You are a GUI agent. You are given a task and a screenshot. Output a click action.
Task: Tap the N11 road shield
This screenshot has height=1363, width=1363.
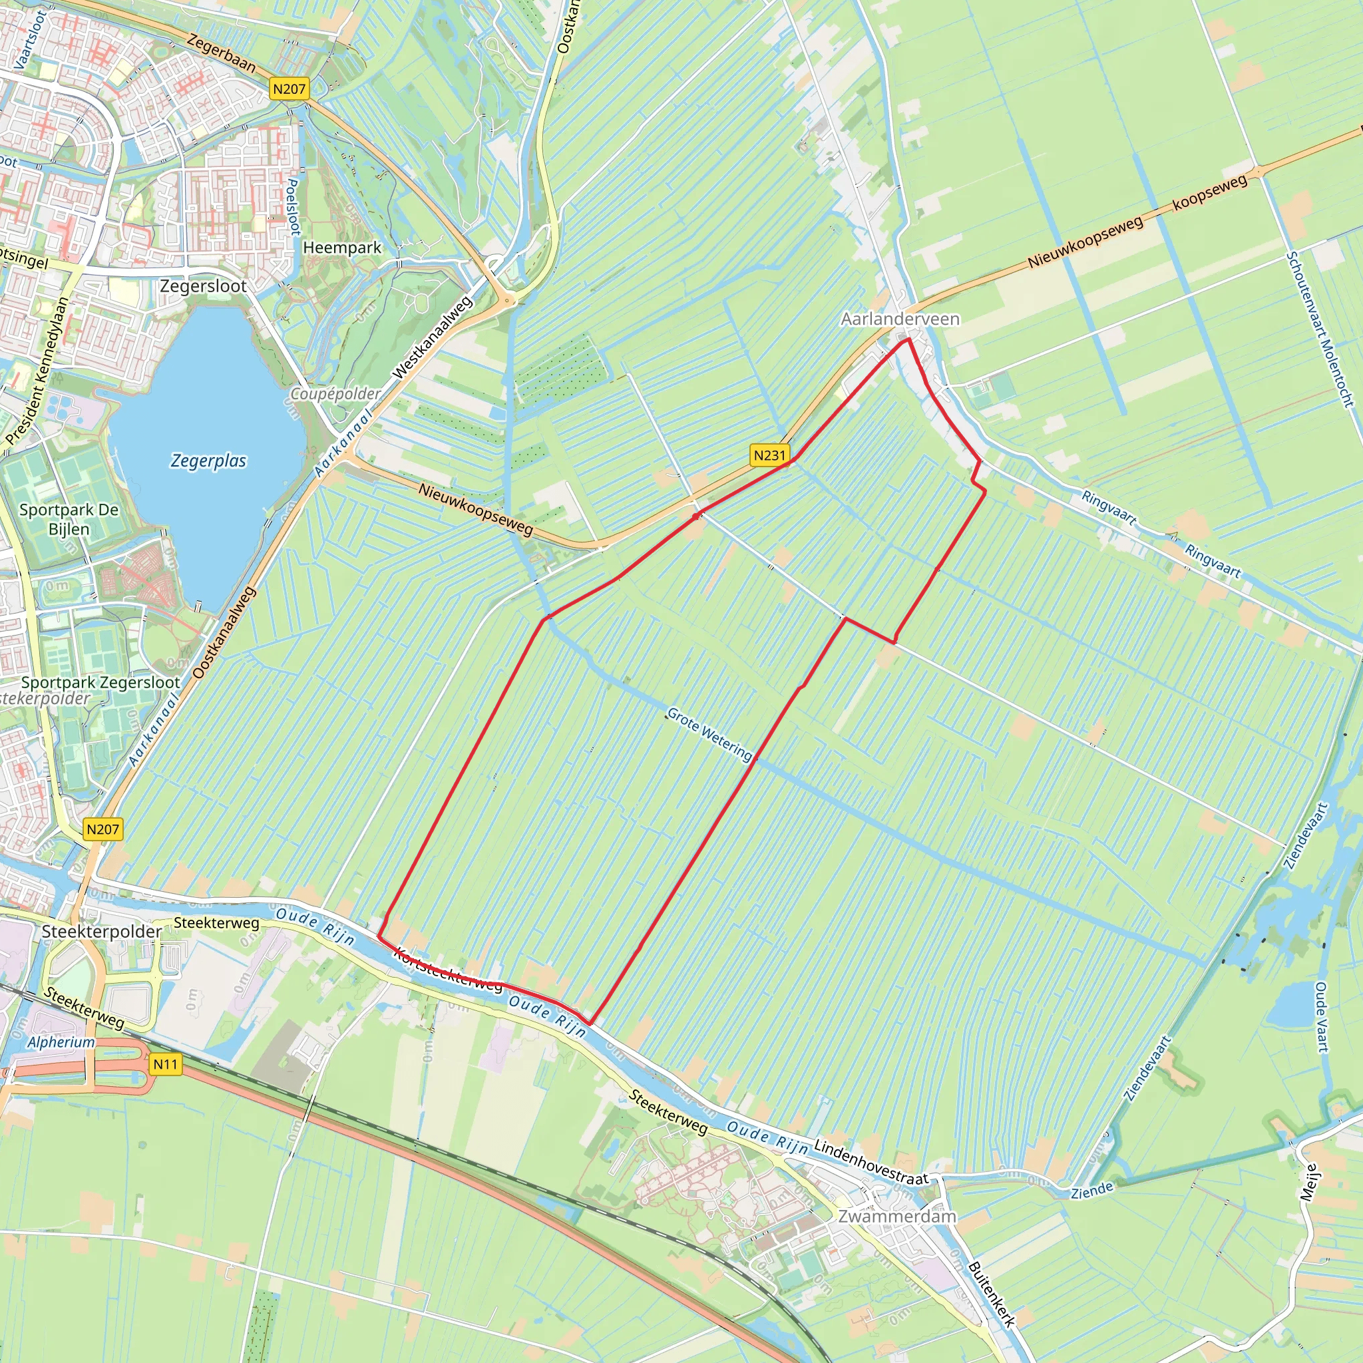[166, 1064]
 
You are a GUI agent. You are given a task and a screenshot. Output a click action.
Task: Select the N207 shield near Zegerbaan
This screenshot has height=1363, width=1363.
[290, 89]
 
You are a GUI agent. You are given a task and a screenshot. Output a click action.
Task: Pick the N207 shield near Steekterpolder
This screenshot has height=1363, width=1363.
[103, 829]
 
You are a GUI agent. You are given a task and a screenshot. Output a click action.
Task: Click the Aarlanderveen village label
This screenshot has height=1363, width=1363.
[900, 319]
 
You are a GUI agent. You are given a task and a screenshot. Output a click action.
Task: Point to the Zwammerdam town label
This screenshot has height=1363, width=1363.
[896, 1217]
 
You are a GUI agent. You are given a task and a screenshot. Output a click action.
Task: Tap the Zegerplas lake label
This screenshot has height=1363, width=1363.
[209, 461]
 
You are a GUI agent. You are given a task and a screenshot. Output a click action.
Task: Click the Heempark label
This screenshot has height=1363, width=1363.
[342, 248]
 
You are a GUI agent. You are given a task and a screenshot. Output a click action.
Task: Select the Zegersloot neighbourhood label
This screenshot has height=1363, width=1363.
[203, 286]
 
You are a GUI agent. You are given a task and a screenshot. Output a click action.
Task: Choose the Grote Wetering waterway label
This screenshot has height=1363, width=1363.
[709, 735]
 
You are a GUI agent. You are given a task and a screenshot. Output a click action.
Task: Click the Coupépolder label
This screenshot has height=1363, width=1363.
[336, 394]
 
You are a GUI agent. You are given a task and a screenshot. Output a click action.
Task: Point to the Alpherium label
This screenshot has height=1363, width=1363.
[61, 1043]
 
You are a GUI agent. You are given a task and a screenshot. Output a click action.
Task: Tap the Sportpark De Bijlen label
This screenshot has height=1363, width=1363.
[69, 519]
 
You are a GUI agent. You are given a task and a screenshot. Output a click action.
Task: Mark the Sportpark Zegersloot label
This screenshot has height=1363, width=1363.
[101, 682]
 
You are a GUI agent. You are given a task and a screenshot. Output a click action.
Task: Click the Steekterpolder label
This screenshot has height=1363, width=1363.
[102, 931]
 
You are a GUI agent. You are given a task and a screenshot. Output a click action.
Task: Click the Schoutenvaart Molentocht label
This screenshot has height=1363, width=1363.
[1319, 329]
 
